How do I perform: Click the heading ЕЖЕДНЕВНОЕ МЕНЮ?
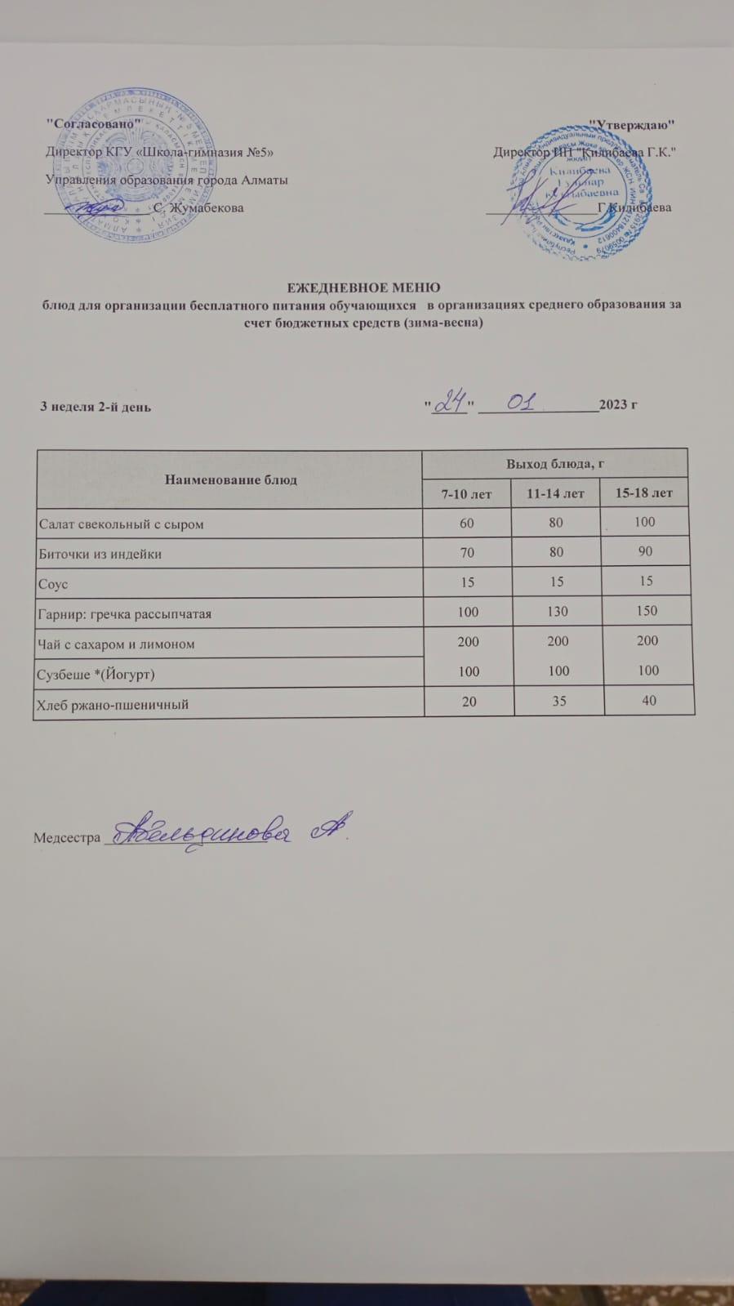[363, 287]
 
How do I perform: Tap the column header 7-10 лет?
[466, 493]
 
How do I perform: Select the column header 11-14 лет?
[555, 493]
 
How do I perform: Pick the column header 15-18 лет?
[644, 493]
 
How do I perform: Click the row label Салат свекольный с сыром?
[122, 524]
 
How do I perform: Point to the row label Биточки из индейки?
[100, 554]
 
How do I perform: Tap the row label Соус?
[53, 585]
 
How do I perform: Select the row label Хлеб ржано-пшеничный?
[113, 704]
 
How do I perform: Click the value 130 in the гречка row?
[558, 611]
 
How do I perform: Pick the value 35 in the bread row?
[558, 701]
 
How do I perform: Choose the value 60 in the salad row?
[467, 522]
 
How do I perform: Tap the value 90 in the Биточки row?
[646, 551]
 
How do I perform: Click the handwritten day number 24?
[448, 403]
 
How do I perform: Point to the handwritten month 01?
[521, 402]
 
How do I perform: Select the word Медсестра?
[67, 838]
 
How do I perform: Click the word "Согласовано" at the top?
[92, 123]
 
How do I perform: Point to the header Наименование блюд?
[231, 479]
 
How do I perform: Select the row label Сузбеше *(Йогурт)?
[97, 675]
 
